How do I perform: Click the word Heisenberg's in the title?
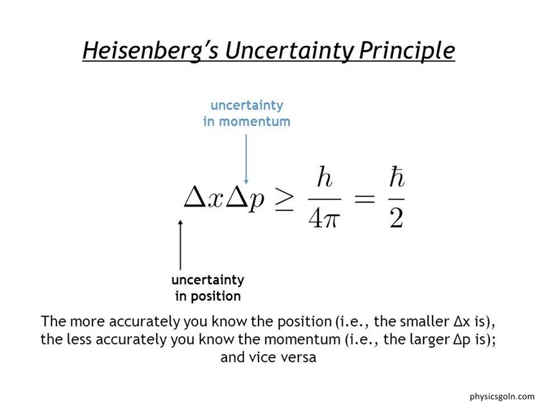click(x=150, y=51)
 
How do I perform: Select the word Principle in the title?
click(x=407, y=51)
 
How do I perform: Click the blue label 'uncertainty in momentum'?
click(x=246, y=114)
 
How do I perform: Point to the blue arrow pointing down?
click(x=246, y=159)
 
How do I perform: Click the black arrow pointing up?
click(x=180, y=244)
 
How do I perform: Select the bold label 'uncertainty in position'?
click(x=208, y=288)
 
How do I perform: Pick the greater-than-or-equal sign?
click(x=285, y=200)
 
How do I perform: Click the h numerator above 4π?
click(x=325, y=177)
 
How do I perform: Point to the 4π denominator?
click(x=323, y=218)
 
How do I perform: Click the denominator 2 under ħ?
click(x=396, y=218)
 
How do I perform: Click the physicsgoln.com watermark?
click(x=502, y=397)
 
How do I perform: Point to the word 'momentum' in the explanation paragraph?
click(x=302, y=340)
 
